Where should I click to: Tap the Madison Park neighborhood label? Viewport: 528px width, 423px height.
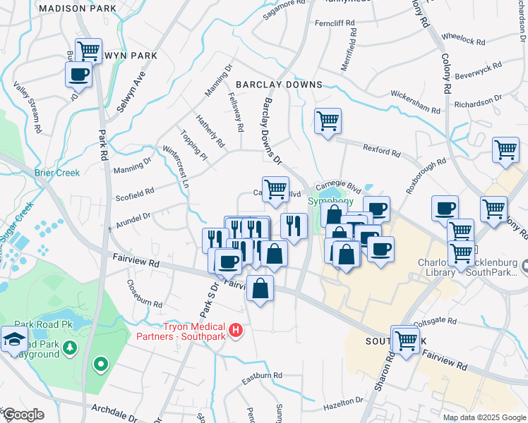tap(78, 8)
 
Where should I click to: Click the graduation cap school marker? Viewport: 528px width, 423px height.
tap(14, 340)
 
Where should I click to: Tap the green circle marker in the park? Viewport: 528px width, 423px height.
tap(101, 364)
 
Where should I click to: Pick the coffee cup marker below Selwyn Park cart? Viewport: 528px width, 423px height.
tap(79, 74)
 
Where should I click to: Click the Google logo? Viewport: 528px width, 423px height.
tap(23, 415)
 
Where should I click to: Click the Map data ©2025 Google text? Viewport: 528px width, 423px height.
tap(484, 417)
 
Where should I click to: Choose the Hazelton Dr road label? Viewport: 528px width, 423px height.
tap(341, 403)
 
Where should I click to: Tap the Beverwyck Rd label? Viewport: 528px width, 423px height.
tap(478, 70)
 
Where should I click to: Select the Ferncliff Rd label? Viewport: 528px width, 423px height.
tap(335, 23)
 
